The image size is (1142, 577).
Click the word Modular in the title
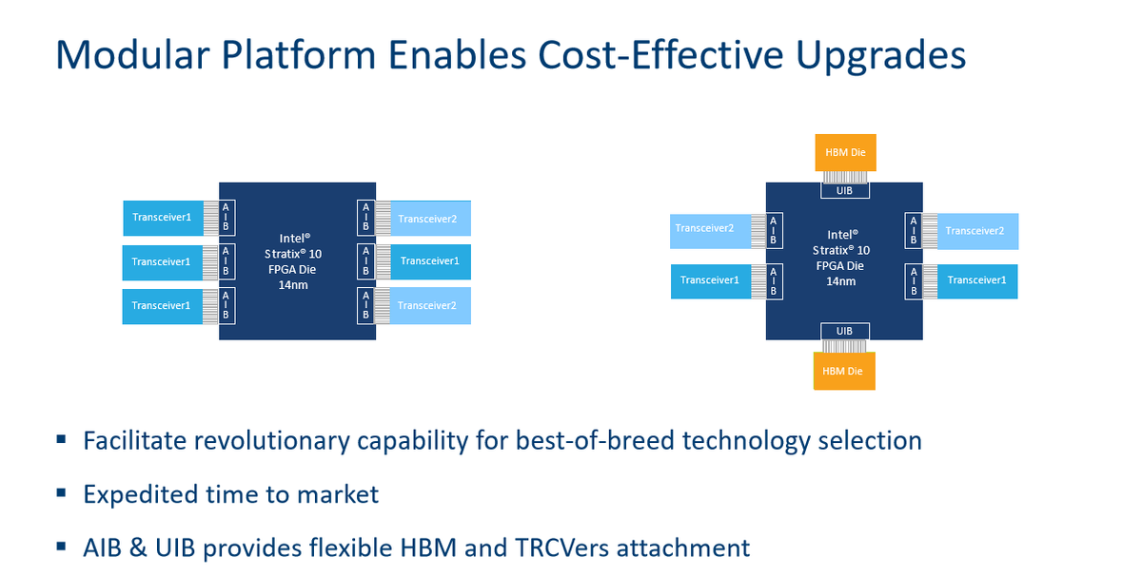[132, 54]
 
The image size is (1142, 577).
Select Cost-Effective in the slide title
[660, 54]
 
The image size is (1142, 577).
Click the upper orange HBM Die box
[845, 152]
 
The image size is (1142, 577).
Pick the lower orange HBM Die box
[844, 371]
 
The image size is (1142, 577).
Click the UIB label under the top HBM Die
[845, 190]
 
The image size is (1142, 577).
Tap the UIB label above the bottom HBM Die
[845, 331]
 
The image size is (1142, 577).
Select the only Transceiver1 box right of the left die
[430, 261]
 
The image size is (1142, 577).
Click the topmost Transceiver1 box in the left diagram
[163, 218]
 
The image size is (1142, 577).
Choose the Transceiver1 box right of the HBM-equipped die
[977, 281]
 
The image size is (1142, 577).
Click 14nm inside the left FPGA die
[293, 284]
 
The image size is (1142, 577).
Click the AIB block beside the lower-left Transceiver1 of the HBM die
[774, 281]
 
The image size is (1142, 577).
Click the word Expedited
[141, 495]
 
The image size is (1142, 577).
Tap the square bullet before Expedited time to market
[61, 493]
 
